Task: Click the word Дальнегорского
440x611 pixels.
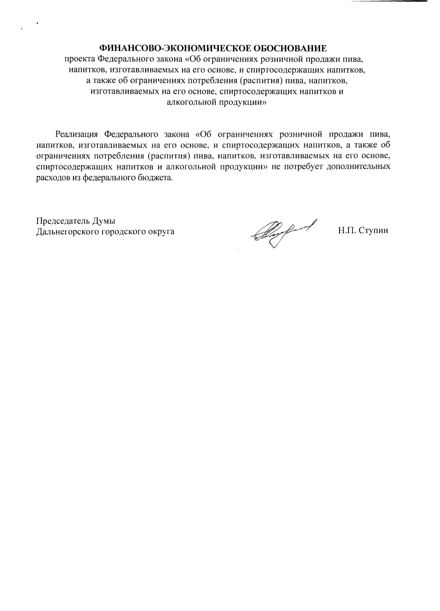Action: click(x=68, y=231)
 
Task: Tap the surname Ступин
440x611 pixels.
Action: click(x=374, y=230)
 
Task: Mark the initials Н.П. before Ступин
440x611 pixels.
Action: click(x=347, y=230)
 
